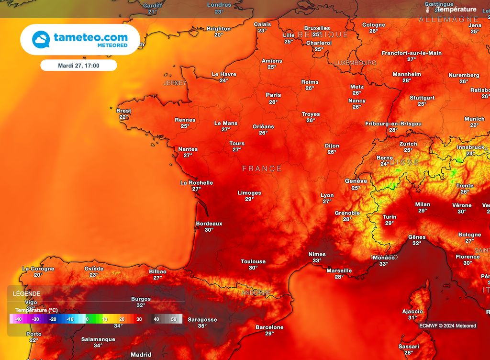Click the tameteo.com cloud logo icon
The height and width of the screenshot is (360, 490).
[41, 39]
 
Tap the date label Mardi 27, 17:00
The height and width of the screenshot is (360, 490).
[78, 66]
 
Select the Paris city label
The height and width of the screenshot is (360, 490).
[273, 95]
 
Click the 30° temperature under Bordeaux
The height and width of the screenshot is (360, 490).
[209, 230]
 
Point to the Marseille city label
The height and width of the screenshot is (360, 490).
[339, 270]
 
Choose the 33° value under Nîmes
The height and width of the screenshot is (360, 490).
[317, 261]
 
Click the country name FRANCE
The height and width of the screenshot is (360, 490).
[262, 169]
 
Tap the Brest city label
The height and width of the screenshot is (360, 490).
[123, 111]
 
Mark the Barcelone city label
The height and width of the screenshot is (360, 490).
[269, 327]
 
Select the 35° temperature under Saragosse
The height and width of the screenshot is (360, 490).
[202, 326]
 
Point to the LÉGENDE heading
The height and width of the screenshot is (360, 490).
[26, 293]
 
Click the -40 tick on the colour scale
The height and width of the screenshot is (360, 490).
[19, 319]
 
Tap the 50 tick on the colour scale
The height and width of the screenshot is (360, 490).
[173, 319]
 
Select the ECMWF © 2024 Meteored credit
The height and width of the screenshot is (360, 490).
[447, 326]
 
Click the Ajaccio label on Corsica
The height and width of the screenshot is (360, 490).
[412, 311]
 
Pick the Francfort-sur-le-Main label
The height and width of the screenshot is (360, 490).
[412, 53]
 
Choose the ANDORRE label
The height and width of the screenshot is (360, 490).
[256, 292]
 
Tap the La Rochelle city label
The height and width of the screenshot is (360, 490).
[196, 182]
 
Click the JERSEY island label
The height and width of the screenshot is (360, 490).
[175, 83]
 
